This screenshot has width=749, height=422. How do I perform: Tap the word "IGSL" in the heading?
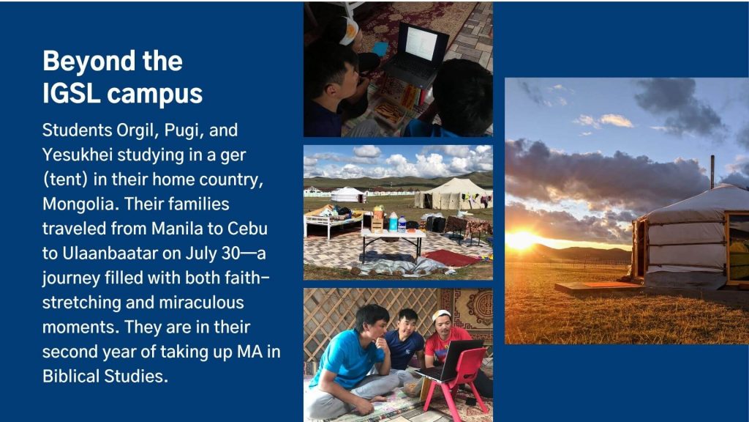click(x=71, y=93)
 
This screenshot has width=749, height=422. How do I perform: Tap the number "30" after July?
click(x=230, y=253)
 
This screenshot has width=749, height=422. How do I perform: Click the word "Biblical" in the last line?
click(x=71, y=376)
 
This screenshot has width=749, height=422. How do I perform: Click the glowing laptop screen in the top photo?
click(x=421, y=43)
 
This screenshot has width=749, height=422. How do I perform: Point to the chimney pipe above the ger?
click(x=712, y=171)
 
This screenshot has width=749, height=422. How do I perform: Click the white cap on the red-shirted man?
click(x=440, y=314)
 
